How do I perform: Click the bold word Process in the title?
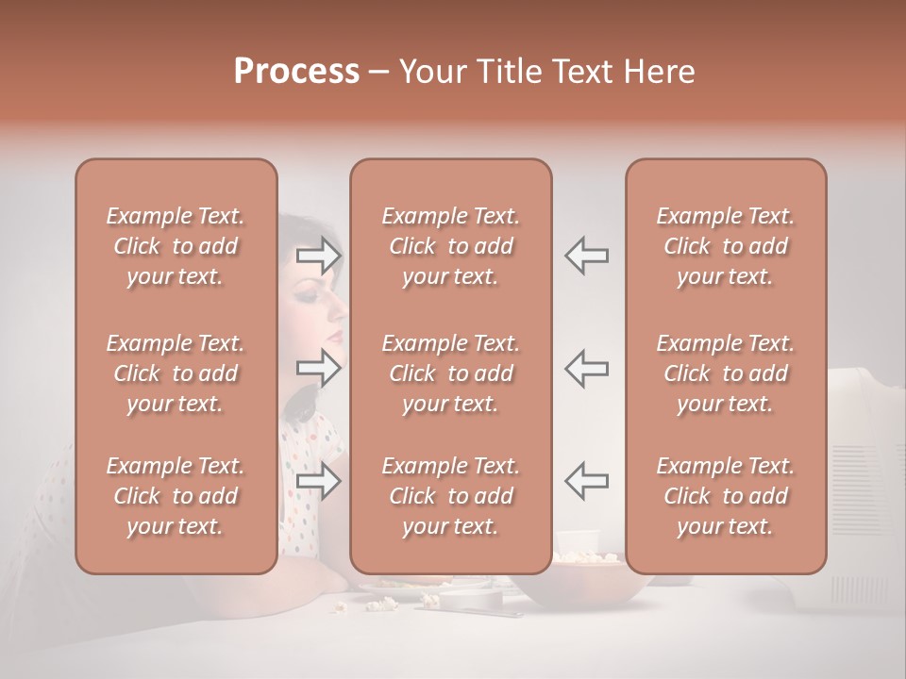[x=296, y=72]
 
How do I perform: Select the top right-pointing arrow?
[x=319, y=256]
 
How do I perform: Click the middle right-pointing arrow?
[x=319, y=369]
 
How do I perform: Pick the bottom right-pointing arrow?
[x=319, y=482]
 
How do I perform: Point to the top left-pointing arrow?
[x=586, y=256]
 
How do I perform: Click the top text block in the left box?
[x=176, y=246]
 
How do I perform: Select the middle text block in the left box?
[x=176, y=373]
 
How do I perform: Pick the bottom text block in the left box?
[x=176, y=496]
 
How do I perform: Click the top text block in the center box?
[x=450, y=246]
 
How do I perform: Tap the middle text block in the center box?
[x=450, y=373]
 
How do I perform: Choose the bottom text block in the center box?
[x=450, y=496]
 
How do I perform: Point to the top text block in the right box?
[x=726, y=246]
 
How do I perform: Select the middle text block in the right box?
[x=726, y=373]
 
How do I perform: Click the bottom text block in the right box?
[x=726, y=496]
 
